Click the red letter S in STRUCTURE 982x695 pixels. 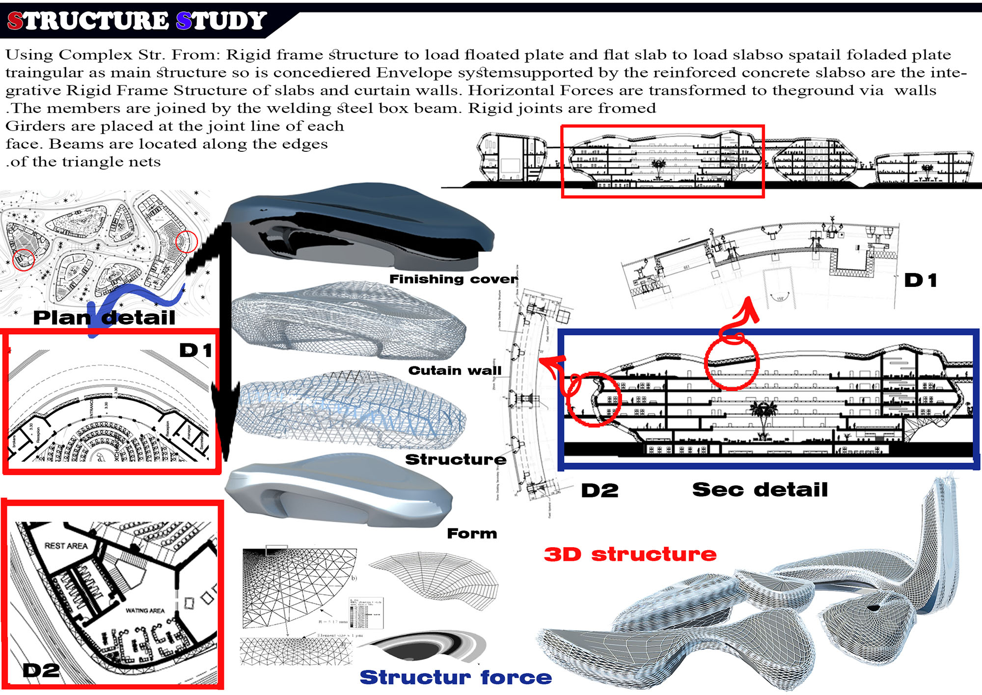point(15,21)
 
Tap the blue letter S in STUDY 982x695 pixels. point(184,21)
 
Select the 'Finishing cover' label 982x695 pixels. point(453,279)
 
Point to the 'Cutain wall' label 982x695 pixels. point(455,370)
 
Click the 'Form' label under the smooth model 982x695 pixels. point(471,533)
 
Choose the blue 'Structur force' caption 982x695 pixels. point(455,677)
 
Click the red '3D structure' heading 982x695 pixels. point(630,555)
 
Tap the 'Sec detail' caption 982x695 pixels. point(760,490)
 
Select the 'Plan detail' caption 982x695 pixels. point(104,318)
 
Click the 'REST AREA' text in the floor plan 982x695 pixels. point(66,546)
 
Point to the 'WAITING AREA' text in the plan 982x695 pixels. point(145,611)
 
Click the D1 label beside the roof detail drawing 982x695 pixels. point(921,280)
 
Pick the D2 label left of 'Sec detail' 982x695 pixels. point(600,490)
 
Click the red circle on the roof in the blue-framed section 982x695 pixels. point(732,362)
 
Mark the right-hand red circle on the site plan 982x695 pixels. point(186,242)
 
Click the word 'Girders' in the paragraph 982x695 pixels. point(35,126)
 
